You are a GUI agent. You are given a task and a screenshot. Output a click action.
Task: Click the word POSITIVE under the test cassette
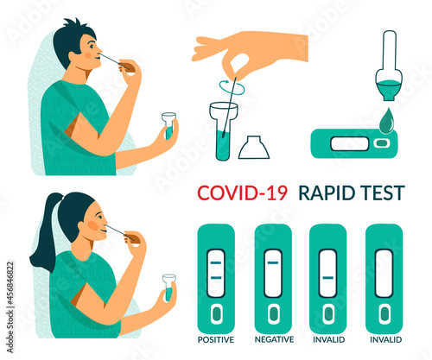click(216, 339)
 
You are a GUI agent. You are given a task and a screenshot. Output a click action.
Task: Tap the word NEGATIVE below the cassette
click(274, 339)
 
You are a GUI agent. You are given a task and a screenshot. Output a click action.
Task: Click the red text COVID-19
click(243, 193)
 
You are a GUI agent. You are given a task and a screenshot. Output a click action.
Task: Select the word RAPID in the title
click(327, 193)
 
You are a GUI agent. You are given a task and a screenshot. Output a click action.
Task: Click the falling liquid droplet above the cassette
click(386, 121)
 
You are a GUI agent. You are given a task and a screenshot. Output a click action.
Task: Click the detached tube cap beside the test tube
click(254, 147)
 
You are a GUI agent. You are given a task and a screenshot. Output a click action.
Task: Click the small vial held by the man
click(168, 126)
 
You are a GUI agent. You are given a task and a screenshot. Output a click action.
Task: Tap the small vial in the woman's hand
click(169, 287)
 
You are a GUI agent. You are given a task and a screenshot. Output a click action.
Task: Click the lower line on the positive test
click(216, 278)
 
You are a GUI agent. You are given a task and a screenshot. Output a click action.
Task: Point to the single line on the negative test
click(273, 262)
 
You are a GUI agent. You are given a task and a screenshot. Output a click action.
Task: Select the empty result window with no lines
click(384, 274)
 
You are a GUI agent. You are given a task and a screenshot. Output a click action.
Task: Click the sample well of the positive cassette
click(216, 313)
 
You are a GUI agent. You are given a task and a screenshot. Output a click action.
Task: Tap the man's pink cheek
click(88, 54)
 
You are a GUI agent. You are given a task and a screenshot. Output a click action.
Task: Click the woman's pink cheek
click(92, 225)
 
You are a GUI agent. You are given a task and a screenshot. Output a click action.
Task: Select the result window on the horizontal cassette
click(349, 144)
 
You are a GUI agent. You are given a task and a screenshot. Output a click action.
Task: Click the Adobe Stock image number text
click(10, 307)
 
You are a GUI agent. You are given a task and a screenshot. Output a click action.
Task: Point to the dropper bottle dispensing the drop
click(389, 66)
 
